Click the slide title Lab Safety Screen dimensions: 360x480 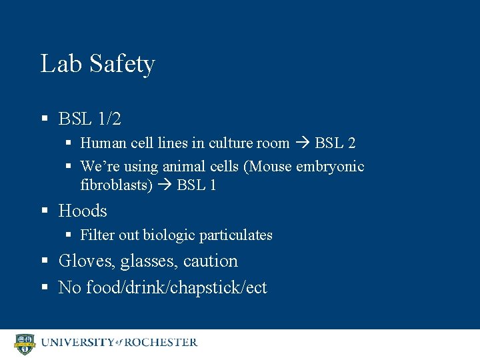coord(97,64)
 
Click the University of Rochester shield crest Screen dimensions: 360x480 coord(24,343)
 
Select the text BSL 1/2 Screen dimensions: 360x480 coord(89,119)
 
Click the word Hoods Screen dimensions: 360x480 coord(83,211)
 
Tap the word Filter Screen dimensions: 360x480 coord(96,235)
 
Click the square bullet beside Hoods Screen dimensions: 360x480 coord(45,211)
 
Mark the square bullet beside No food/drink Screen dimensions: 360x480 coord(45,288)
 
